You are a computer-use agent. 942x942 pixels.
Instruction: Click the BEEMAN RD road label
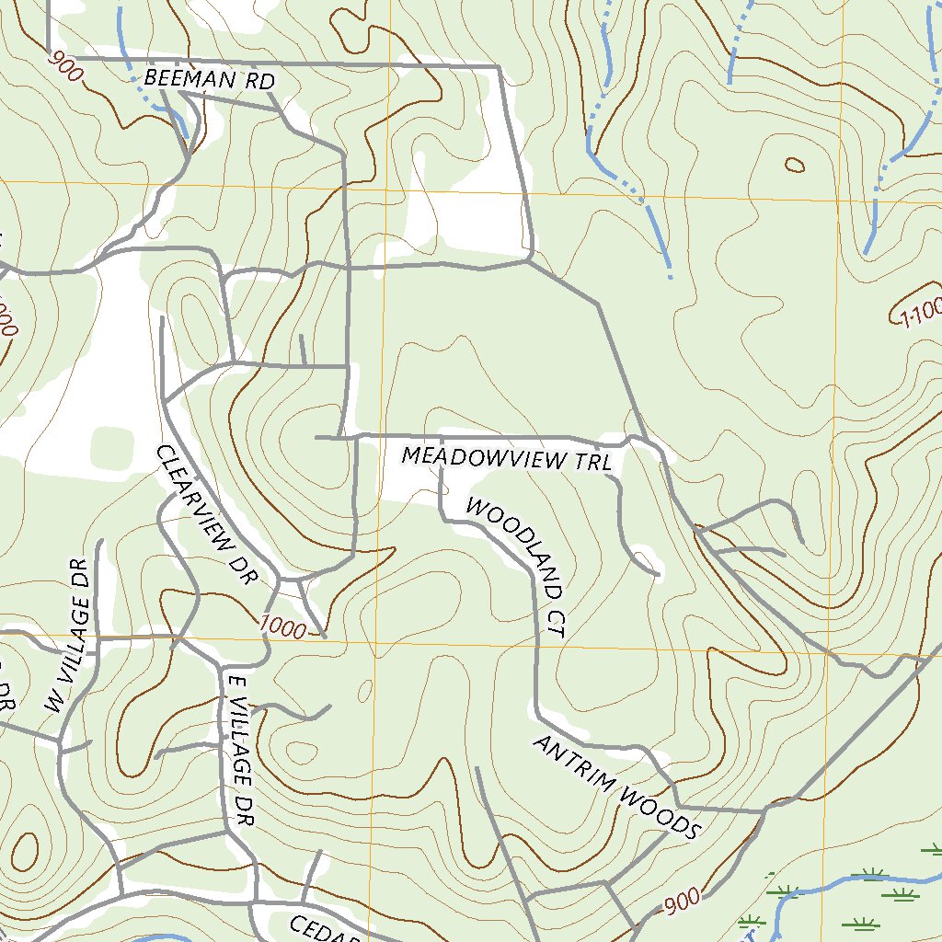pyautogui.click(x=210, y=79)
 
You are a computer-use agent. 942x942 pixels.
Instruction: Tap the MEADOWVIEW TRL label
pyautogui.click(x=507, y=458)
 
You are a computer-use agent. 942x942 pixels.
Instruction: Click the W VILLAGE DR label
pyautogui.click(x=71, y=636)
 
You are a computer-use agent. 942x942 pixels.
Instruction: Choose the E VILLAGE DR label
pyautogui.click(x=237, y=749)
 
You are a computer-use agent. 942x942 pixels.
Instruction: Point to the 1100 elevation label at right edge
pyautogui.click(x=920, y=314)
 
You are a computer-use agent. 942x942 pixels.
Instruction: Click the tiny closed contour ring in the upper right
pyautogui.click(x=794, y=166)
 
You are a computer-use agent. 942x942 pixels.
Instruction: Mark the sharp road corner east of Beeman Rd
pyautogui.click(x=499, y=67)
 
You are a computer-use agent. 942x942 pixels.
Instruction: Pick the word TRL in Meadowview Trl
pyautogui.click(x=594, y=462)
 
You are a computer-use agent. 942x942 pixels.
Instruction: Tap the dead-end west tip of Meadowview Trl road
pyautogui.click(x=316, y=438)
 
